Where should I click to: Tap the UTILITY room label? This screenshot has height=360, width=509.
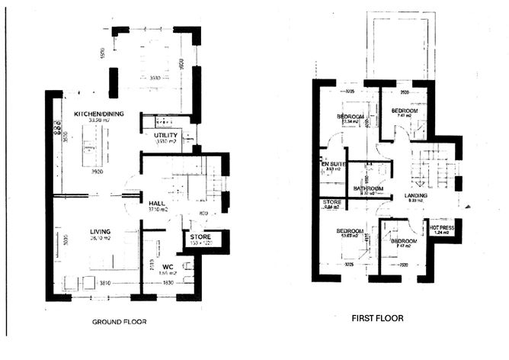(165, 135)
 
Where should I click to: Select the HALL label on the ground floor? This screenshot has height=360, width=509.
(157, 204)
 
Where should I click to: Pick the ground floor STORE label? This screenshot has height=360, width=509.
(199, 237)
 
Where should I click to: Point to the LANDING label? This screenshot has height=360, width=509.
(416, 195)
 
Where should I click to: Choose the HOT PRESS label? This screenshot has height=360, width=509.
(443, 227)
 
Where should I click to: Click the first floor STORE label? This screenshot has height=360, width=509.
(331, 203)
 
